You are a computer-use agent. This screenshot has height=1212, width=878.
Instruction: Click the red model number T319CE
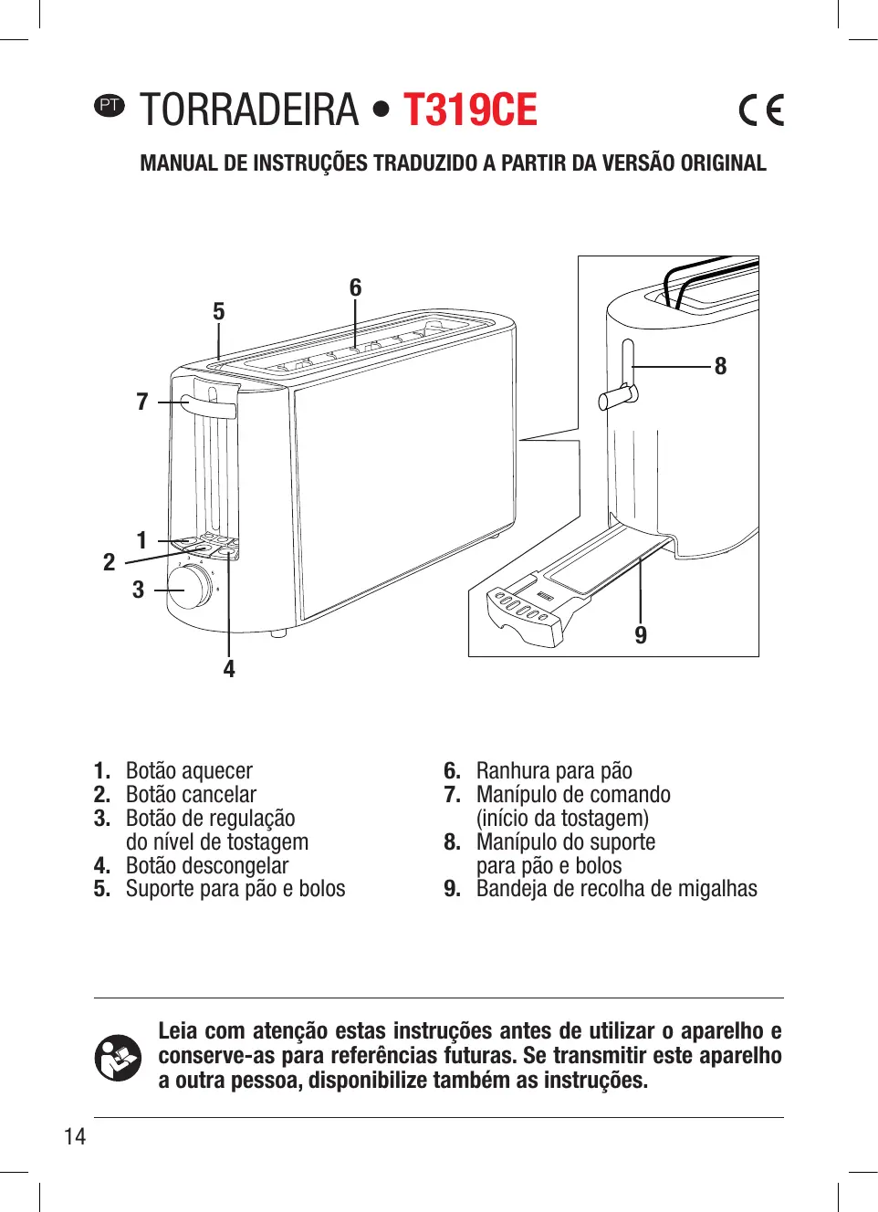(x=470, y=110)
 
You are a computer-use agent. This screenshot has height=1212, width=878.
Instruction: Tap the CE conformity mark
(x=761, y=110)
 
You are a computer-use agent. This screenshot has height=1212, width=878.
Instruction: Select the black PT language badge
(x=110, y=105)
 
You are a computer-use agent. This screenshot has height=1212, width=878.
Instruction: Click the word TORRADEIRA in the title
(x=249, y=110)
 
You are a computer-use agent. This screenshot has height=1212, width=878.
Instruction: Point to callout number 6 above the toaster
(x=355, y=288)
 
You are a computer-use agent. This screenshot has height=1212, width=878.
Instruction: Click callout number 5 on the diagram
(x=219, y=312)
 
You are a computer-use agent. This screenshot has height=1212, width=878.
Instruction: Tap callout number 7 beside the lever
(x=142, y=402)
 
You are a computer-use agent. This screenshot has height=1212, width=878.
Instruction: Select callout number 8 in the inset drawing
(x=720, y=367)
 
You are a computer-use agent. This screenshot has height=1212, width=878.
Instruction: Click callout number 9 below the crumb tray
(x=641, y=635)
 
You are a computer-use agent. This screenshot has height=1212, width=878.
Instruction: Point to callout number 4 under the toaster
(x=229, y=669)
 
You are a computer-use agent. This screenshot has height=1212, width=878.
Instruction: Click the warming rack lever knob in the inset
(x=616, y=398)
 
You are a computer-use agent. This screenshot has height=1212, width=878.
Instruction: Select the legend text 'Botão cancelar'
(x=191, y=795)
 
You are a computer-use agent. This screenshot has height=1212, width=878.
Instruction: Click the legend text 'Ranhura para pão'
(x=554, y=771)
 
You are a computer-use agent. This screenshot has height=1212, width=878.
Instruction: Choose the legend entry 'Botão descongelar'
(x=207, y=865)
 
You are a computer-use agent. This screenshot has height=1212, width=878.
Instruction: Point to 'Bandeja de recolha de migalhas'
(x=616, y=889)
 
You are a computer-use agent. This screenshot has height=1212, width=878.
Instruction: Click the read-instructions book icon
(x=118, y=1057)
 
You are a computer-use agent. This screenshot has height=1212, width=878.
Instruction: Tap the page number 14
(x=75, y=1136)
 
